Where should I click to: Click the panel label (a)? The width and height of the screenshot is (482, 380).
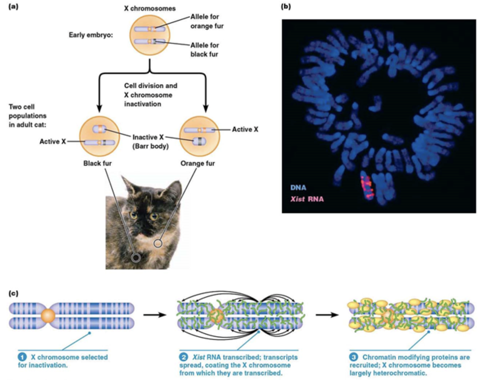click(x=13, y=6)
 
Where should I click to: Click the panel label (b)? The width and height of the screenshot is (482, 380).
click(x=286, y=6)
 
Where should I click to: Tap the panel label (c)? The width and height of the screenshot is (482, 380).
click(x=13, y=293)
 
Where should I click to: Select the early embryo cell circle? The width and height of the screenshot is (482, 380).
click(x=150, y=35)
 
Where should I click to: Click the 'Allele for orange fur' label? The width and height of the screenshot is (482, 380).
click(x=207, y=21)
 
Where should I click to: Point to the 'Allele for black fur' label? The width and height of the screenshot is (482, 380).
click(x=204, y=50)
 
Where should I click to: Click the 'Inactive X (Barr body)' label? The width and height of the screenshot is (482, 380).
click(x=150, y=142)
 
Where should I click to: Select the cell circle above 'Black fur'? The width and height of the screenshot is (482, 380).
click(x=99, y=136)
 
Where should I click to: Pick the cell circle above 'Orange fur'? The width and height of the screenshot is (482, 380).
click(x=200, y=136)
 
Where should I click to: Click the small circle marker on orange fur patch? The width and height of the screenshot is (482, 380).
click(x=158, y=243)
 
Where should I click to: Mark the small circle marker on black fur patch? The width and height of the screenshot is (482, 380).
click(x=136, y=257)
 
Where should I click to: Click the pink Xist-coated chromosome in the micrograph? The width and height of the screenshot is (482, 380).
click(x=367, y=186)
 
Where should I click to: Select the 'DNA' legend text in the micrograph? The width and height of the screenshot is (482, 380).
click(x=298, y=187)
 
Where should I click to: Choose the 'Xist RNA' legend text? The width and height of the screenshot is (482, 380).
click(x=307, y=199)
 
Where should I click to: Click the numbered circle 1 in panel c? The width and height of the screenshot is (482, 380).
click(x=22, y=357)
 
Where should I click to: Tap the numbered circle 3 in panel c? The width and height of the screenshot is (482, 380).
click(x=353, y=357)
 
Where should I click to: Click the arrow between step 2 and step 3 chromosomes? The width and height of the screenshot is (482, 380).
click(x=327, y=315)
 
